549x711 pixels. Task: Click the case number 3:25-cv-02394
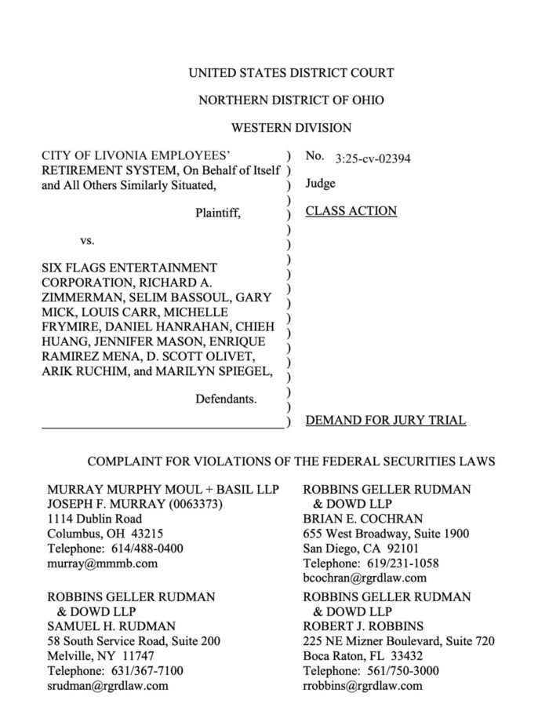pos(373,158)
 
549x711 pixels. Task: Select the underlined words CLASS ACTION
pos(351,211)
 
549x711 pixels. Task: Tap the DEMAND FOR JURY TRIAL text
pos(385,421)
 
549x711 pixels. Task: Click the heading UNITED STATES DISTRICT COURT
pos(291,73)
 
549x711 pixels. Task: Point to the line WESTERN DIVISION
pos(291,127)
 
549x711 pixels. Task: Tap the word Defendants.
pos(225,399)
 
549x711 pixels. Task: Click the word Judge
pos(320,184)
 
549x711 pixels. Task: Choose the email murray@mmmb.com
pos(103,563)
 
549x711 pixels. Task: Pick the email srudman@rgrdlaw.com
pos(108,685)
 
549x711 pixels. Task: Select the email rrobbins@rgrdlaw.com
pos(362,685)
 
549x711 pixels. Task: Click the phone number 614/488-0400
pos(144,549)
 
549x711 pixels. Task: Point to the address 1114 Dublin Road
pos(94,519)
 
